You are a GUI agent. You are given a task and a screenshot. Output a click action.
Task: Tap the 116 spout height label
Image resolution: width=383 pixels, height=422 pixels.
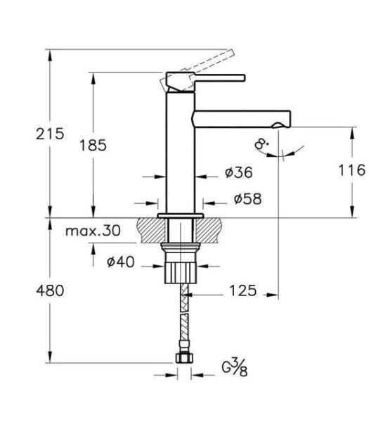pos(351,170)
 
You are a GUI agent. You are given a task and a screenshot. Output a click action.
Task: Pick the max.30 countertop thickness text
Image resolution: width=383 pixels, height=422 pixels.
pos(92,230)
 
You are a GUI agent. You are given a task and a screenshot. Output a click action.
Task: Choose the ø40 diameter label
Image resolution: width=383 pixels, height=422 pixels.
pos(121,263)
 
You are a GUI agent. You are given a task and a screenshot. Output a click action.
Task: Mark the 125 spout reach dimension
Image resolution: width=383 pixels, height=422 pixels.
pos(240,290)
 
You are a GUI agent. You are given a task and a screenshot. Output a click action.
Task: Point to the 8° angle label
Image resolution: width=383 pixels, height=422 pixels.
pos(264,146)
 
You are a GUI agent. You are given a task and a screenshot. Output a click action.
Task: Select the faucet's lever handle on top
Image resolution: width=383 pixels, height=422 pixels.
pos(211,77)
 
